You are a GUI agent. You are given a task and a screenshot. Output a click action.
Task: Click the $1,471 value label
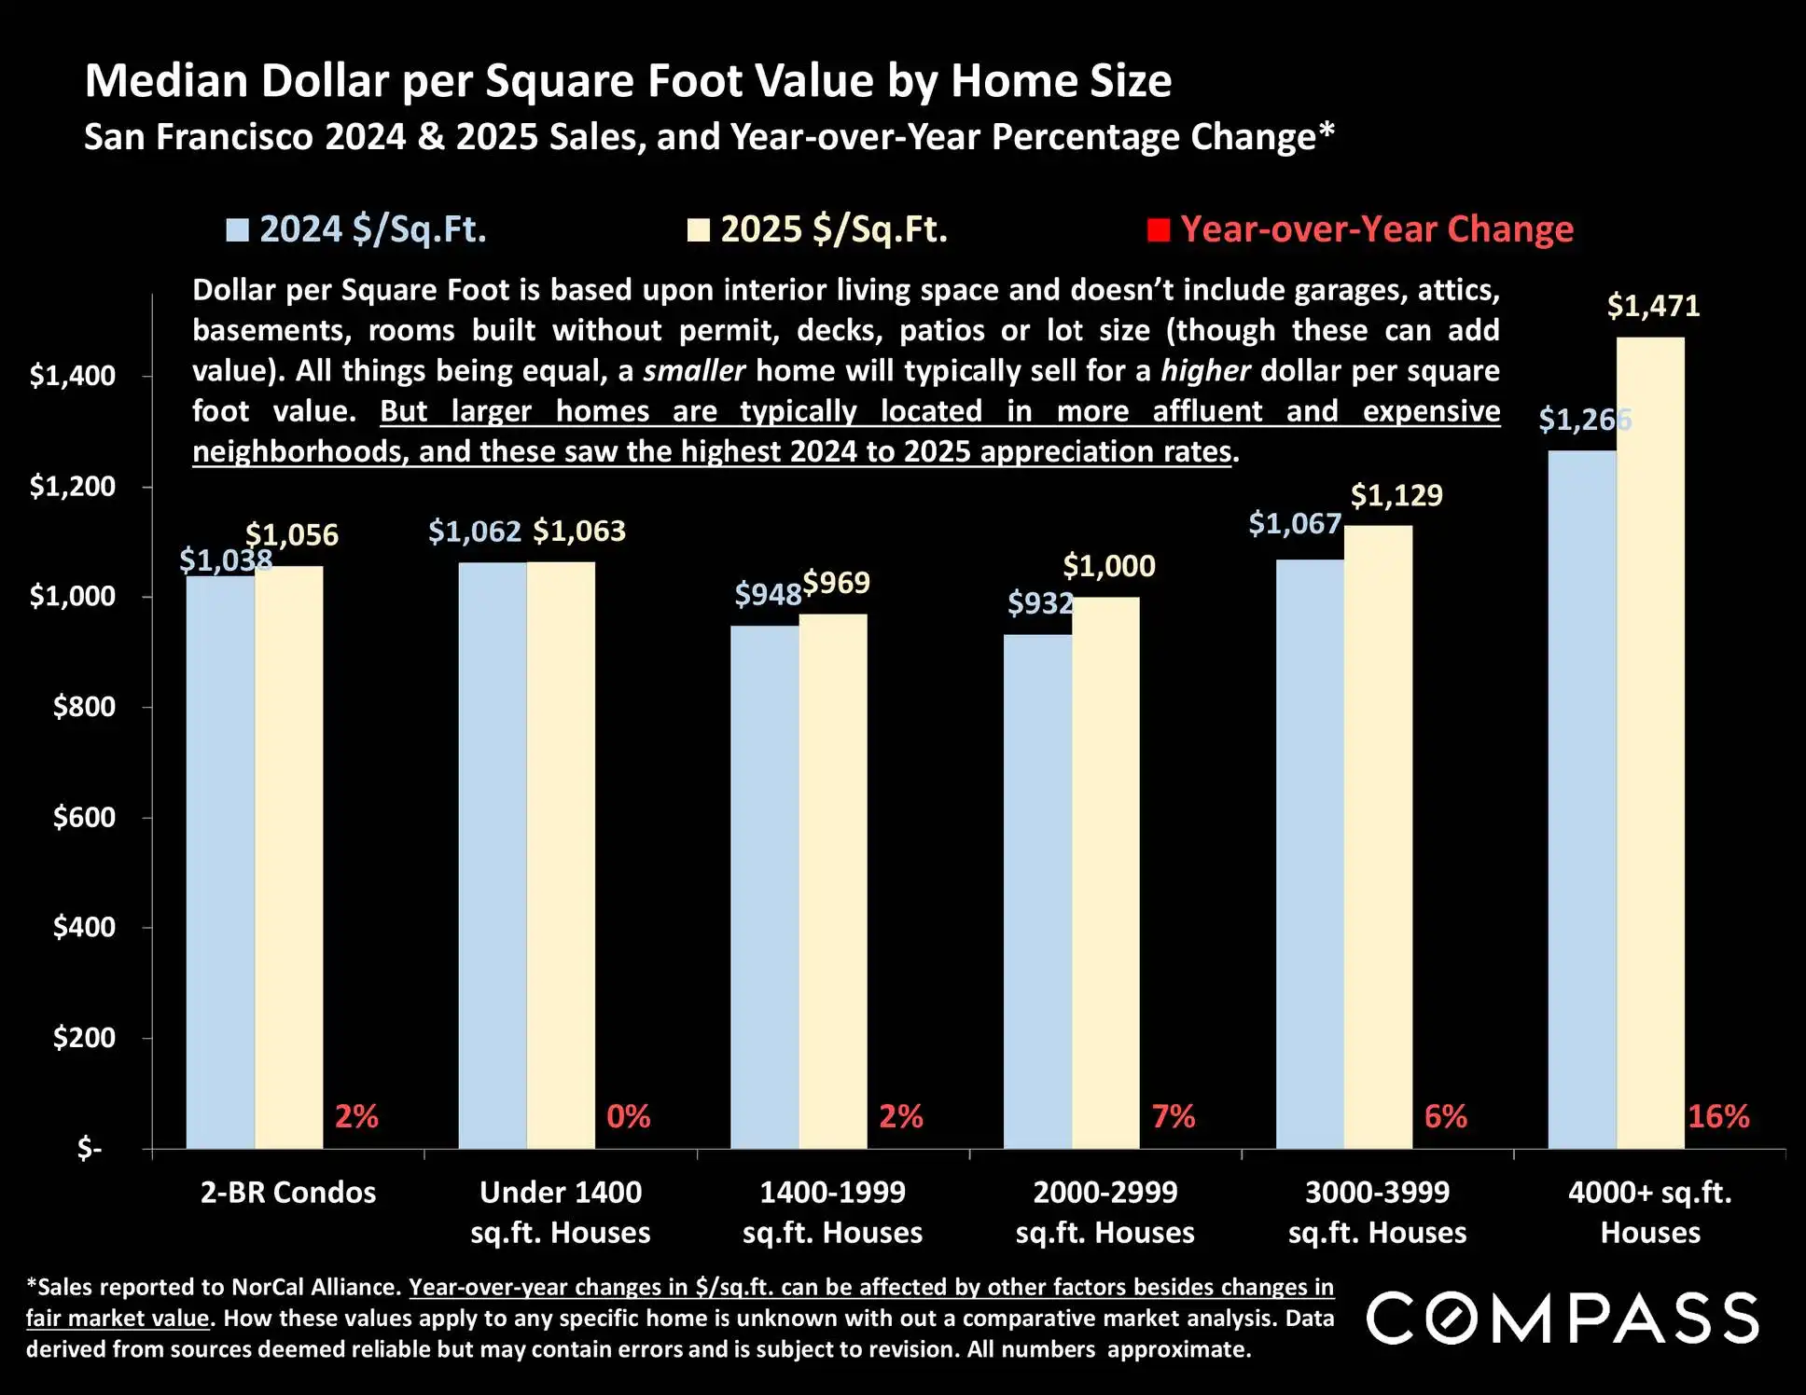pos(1653,306)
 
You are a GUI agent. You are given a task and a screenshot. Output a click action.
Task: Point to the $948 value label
pos(768,594)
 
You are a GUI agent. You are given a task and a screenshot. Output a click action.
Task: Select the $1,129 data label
pos(1396,495)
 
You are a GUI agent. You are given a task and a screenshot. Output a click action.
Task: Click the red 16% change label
pos(1718,1116)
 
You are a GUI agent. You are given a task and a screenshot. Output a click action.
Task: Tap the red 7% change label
pos(1173,1116)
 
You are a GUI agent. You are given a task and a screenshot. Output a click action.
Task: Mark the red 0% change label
pos(628,1116)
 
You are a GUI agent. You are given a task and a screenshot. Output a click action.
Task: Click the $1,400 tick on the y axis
pos(73,376)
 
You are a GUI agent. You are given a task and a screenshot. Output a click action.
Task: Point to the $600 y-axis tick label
pos(84,817)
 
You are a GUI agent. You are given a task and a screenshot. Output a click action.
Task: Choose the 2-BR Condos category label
pos(288,1193)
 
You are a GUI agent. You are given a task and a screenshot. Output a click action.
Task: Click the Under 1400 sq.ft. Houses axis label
pos(561,1212)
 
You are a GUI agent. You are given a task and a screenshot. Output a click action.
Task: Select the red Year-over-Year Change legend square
pos(1159,230)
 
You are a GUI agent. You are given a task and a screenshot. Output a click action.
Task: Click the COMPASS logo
pos(1563,1318)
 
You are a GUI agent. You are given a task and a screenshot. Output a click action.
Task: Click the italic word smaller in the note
pos(694,371)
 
